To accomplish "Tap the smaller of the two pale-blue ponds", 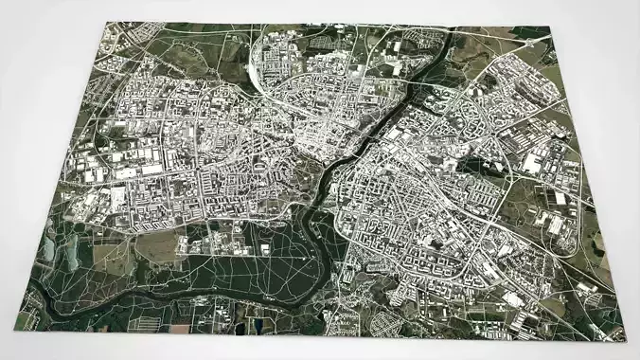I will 46,248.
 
